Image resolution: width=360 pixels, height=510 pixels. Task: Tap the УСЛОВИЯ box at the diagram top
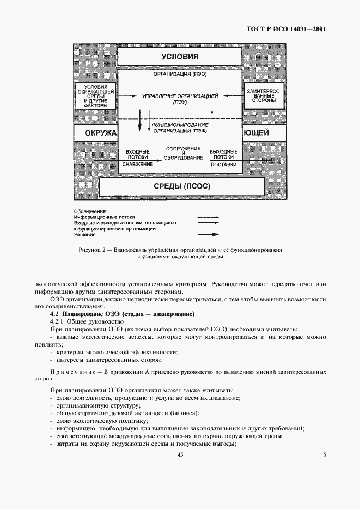point(179,57)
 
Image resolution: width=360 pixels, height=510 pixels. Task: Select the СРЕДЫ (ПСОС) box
point(179,186)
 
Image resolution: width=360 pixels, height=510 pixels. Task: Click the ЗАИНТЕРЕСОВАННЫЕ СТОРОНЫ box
point(264,96)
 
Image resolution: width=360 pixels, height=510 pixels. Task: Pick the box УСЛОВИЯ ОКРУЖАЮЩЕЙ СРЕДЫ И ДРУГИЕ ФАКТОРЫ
point(95,96)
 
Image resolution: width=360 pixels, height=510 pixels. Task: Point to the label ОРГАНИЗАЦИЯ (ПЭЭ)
point(179,74)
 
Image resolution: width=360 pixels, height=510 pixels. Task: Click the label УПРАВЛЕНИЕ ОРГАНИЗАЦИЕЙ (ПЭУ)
point(179,98)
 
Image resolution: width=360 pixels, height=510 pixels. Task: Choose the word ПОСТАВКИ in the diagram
point(223,163)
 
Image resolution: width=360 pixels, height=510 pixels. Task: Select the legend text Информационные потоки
point(103,217)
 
